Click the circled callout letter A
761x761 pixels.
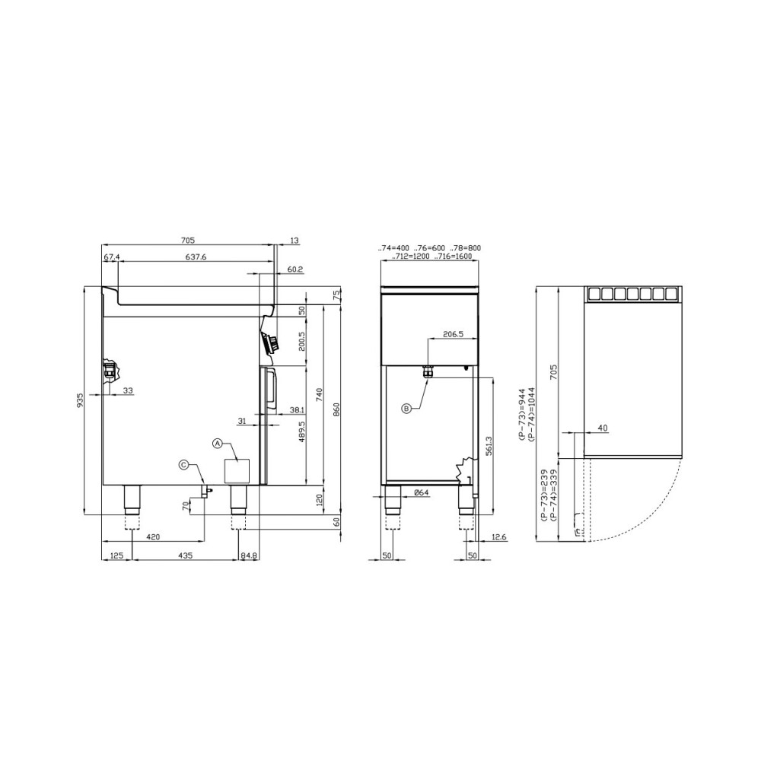click(218, 443)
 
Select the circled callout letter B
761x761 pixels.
click(406, 408)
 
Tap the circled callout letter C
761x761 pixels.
click(184, 465)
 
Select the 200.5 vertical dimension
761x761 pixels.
click(301, 342)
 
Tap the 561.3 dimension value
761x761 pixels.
click(489, 445)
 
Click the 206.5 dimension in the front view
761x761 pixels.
click(454, 334)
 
